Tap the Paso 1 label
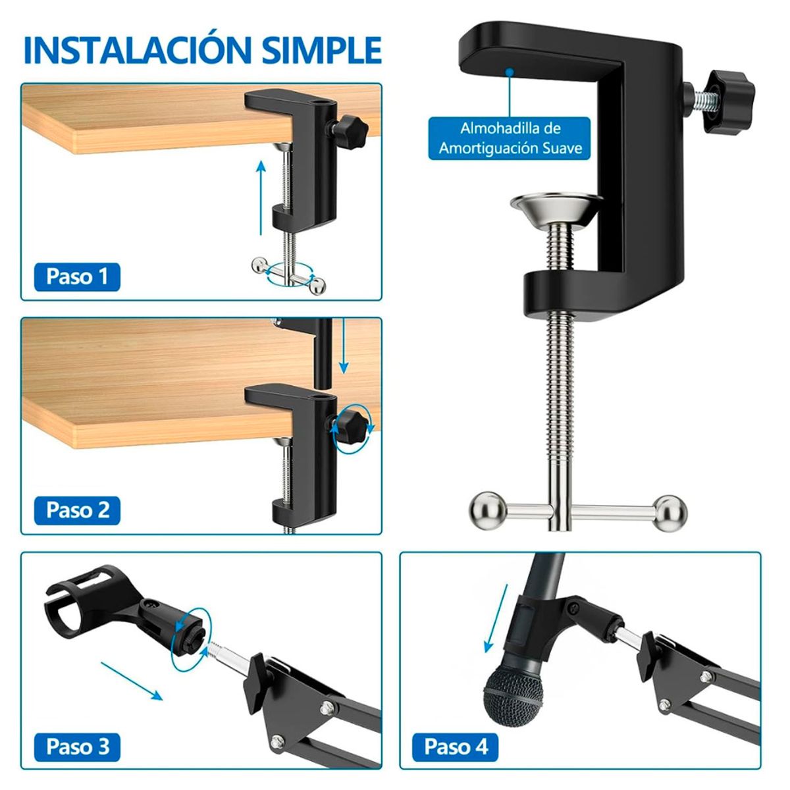[x=76, y=276]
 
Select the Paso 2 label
[x=77, y=510]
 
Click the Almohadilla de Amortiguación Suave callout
[x=510, y=138]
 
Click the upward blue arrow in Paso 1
[x=261, y=197]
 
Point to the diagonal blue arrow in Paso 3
[x=132, y=679]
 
